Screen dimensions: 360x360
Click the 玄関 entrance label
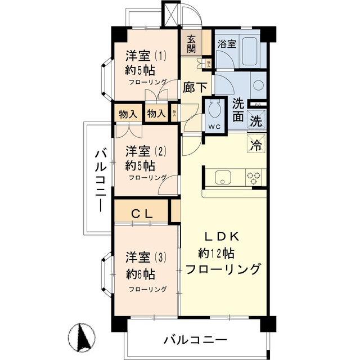click(x=191, y=43)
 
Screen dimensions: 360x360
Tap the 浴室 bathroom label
click(x=227, y=43)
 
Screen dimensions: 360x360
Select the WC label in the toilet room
click(x=214, y=126)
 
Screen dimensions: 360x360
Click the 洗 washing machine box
click(x=255, y=120)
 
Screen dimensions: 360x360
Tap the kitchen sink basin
click(x=222, y=177)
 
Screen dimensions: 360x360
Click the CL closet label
click(x=141, y=214)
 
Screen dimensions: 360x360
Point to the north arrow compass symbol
click(x=84, y=337)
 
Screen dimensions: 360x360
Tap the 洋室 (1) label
click(x=146, y=56)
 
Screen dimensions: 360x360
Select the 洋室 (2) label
click(x=146, y=151)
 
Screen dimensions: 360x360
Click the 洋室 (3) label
click(x=146, y=258)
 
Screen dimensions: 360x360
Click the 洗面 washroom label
click(x=238, y=110)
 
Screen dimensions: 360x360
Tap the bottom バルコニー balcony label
click(x=195, y=340)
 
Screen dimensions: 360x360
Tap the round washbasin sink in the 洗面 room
click(x=258, y=85)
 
